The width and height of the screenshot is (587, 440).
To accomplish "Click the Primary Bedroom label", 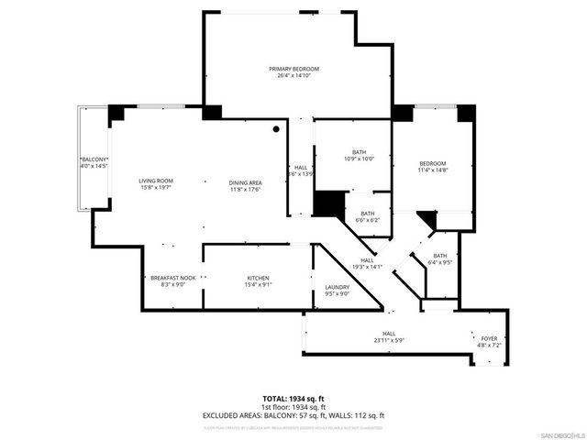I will [x=293, y=70].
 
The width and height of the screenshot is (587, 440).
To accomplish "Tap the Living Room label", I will [x=156, y=181].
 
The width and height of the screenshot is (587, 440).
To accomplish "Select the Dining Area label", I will [x=245, y=181].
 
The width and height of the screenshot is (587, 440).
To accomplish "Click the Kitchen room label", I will [x=258, y=277].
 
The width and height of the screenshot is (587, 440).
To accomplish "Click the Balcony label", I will [x=94, y=159].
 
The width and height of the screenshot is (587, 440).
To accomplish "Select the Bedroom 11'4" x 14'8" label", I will [x=432, y=163].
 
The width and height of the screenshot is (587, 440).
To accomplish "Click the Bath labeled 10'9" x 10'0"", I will [x=359, y=155].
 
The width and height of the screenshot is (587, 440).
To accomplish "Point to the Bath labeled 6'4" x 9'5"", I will [x=440, y=259].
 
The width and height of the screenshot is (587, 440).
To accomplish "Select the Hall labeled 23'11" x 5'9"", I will [x=389, y=336].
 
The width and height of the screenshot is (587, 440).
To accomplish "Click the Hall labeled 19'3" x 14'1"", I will [x=367, y=263].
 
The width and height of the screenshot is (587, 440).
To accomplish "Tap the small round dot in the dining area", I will [x=275, y=129].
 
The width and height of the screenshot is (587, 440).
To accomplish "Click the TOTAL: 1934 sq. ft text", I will [x=293, y=399].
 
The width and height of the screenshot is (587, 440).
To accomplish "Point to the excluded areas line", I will [x=293, y=415].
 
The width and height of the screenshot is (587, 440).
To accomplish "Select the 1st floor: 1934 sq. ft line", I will [x=293, y=407].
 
